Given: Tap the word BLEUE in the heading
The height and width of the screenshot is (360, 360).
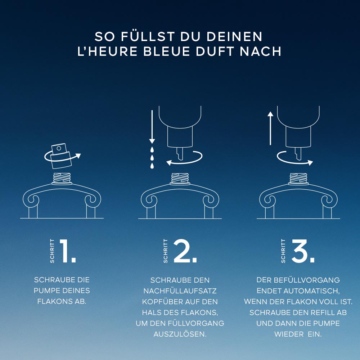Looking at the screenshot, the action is (167, 51).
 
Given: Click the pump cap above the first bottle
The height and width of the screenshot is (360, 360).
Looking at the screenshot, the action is (61, 156).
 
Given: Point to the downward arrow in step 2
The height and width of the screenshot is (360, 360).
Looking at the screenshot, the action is (152, 127).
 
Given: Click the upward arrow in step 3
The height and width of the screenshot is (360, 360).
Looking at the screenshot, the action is (270, 129).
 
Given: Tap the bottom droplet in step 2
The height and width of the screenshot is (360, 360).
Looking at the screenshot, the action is (152, 166).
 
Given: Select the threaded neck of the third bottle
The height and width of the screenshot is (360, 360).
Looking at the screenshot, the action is (298, 179).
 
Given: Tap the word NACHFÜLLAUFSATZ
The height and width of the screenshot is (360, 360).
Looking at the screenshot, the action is (180, 291).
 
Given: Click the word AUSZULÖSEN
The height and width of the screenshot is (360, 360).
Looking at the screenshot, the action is (180, 334).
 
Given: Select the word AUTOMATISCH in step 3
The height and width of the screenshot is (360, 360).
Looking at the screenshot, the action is (311, 291).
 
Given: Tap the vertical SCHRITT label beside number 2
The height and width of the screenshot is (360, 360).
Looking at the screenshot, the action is (166, 251).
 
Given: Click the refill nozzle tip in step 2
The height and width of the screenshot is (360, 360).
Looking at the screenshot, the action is (180, 158).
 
